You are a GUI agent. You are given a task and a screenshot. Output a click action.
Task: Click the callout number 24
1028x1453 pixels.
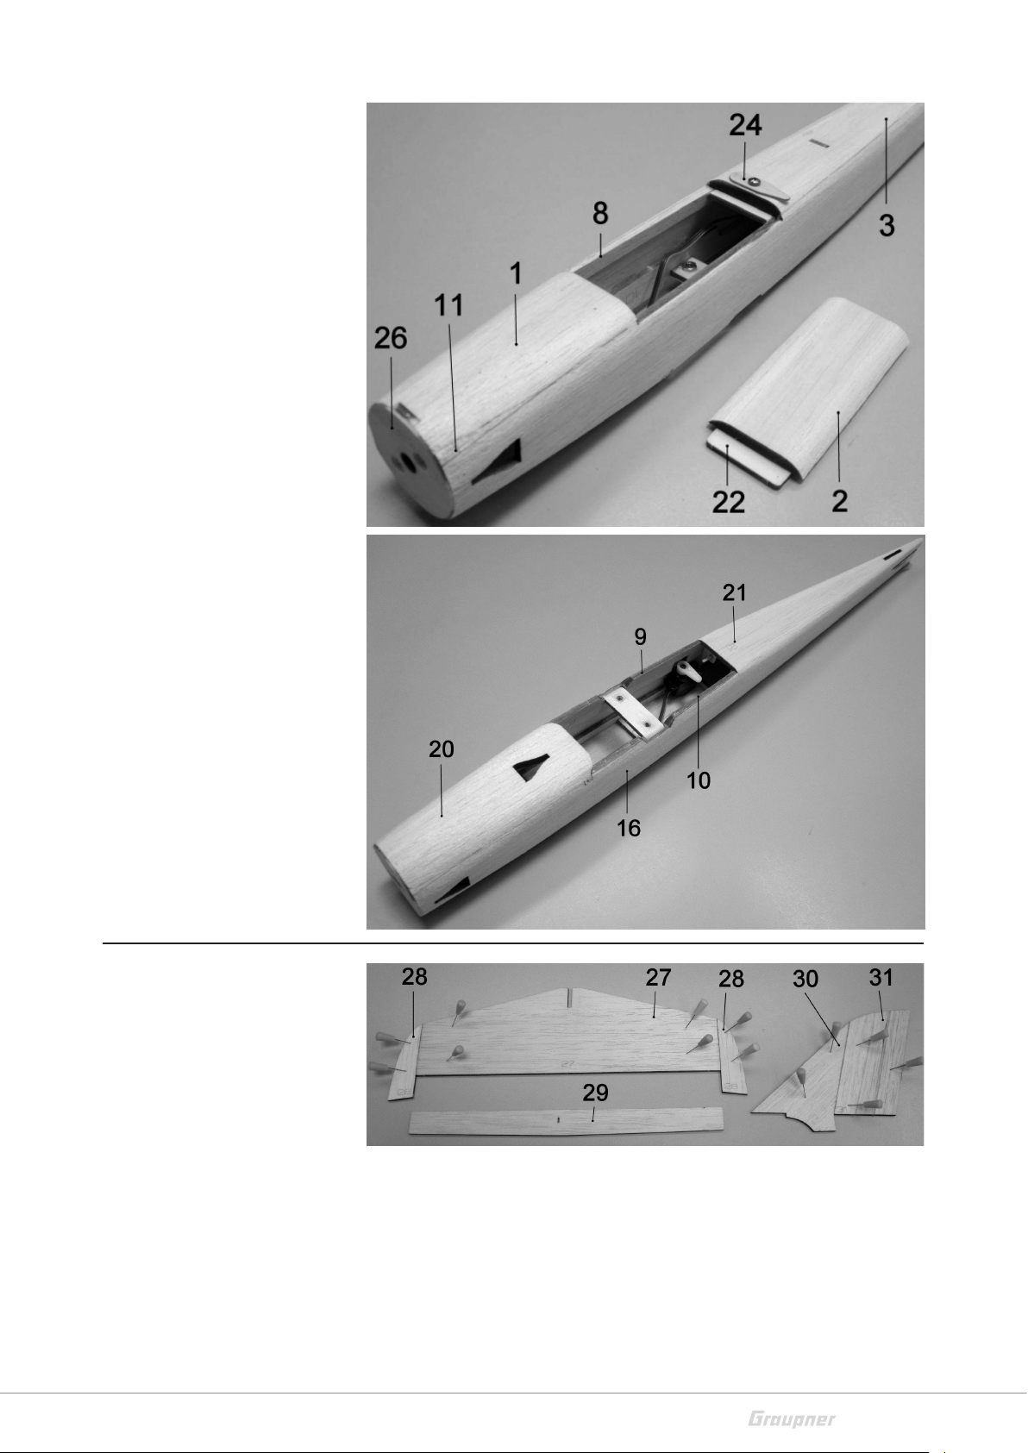pos(745,125)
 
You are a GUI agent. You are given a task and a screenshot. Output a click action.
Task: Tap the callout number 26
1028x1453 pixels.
pos(391,338)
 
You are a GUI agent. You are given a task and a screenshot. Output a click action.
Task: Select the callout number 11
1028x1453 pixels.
pos(448,305)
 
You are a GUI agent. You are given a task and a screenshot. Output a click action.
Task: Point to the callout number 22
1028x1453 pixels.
pos(729,501)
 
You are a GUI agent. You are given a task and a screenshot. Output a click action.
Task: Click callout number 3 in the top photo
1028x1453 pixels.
pos(887,225)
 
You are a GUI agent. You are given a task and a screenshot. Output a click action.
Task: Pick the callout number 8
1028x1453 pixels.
pos(600,213)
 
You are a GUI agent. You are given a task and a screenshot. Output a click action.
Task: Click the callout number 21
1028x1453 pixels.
pos(734,592)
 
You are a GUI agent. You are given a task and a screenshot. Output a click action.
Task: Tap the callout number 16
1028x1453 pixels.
pos(629,828)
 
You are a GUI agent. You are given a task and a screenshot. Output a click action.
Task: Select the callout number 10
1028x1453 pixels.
pos(699,780)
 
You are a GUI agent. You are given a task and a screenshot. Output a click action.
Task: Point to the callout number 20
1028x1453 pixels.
pos(441,749)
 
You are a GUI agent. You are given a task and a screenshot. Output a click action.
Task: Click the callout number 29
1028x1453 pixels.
pos(595,1093)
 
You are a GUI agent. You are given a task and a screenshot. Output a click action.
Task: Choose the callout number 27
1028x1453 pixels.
pos(658,978)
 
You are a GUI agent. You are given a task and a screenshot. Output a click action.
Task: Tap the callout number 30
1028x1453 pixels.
pos(805,979)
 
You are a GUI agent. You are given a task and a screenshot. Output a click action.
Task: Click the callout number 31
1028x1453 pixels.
pos(881,977)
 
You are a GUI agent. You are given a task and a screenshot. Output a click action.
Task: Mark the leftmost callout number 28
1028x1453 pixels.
pos(415,977)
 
